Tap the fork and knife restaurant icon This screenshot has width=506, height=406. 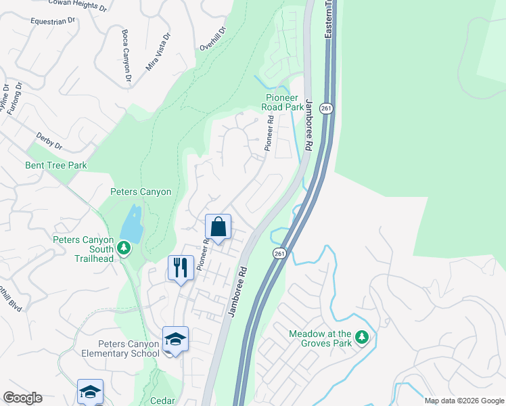click(x=180, y=268)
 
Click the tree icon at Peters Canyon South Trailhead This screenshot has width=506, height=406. click(x=124, y=248)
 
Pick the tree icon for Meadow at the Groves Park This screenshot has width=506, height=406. click(x=362, y=336)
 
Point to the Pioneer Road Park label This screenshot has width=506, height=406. click(x=283, y=102)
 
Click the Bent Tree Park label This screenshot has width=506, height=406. click(x=56, y=165)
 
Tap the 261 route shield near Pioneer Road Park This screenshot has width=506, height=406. click(x=327, y=109)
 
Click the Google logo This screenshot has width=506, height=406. click(x=22, y=398)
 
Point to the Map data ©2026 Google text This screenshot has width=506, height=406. click(x=463, y=401)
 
